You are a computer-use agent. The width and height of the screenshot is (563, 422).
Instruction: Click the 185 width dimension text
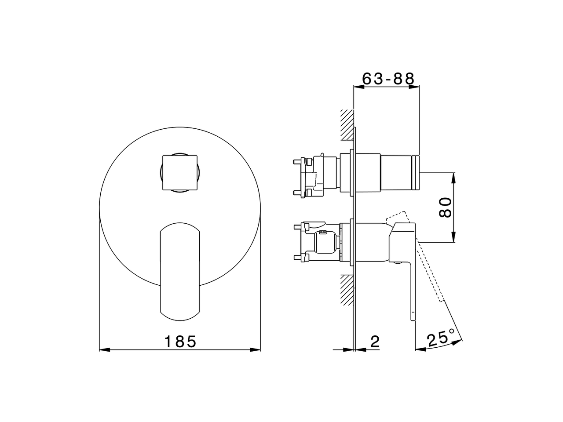tap(180, 341)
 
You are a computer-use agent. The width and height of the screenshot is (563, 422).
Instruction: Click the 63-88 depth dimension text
tap(388, 79)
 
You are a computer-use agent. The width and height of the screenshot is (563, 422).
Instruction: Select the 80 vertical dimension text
tap(445, 207)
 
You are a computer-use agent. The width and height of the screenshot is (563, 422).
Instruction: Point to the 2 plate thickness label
tap(375, 342)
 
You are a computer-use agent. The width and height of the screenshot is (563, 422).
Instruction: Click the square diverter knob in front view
tap(180, 172)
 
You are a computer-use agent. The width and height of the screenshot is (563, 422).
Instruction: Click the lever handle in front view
tap(180, 270)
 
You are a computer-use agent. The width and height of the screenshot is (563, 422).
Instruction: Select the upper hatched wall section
tap(347, 125)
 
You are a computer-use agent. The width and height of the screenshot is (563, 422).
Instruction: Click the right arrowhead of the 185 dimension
tap(256, 350)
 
